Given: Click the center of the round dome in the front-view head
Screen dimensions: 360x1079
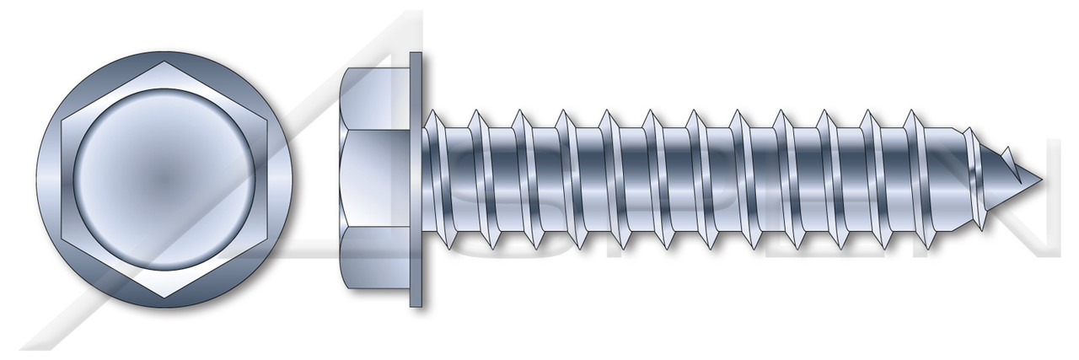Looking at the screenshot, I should coord(163,179).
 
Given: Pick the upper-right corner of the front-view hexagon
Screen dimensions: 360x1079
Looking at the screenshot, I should coord(266,120).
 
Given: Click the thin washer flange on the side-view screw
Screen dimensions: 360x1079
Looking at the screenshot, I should coord(416,179).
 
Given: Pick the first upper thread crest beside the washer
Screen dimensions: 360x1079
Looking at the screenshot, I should coord(432,112).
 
